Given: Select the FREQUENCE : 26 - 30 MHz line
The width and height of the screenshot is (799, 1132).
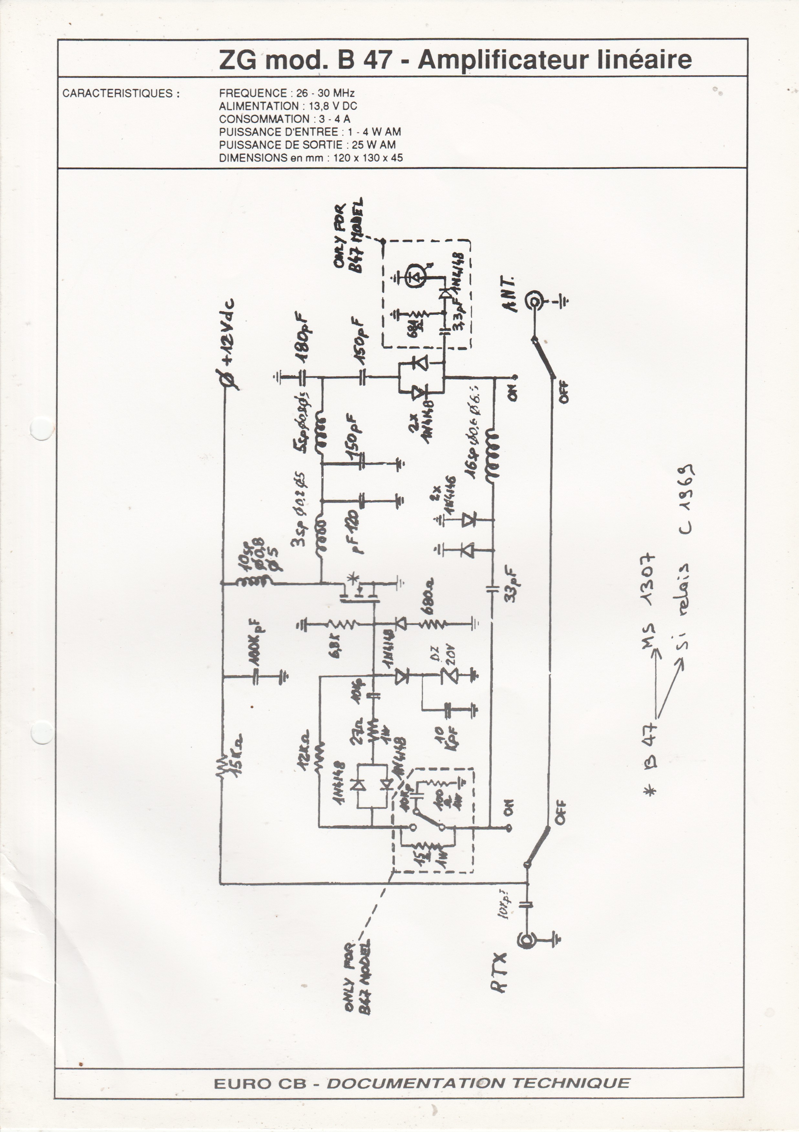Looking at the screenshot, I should [x=287, y=93].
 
